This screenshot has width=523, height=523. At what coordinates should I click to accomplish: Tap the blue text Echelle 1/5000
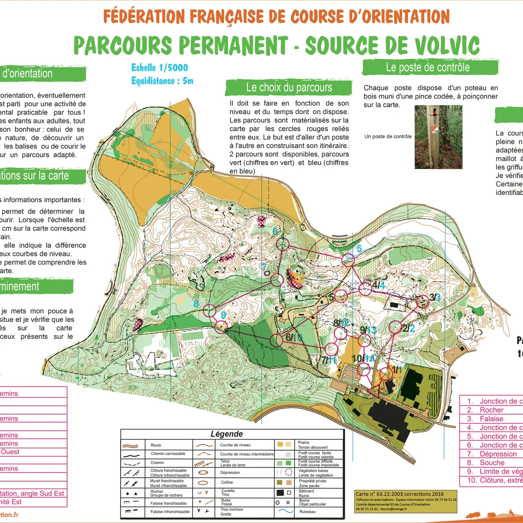tap(160, 68)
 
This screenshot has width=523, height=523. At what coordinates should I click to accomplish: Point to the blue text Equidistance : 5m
tap(162, 81)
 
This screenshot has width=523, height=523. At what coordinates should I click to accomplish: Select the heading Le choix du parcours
tap(289, 88)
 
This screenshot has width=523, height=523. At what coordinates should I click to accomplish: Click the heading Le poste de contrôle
tap(428, 68)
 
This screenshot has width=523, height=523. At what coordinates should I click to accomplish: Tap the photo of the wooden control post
tap(432, 137)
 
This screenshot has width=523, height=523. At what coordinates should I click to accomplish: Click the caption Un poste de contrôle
tap(388, 136)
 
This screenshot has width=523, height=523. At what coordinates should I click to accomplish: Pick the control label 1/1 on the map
tap(397, 370)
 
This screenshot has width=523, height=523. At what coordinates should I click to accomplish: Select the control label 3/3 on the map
tap(435, 297)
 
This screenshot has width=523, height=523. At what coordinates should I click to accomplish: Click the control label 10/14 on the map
tap(363, 358)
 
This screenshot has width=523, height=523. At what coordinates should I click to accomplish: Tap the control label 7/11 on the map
tap(328, 360)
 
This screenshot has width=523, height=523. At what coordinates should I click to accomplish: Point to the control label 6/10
tap(294, 337)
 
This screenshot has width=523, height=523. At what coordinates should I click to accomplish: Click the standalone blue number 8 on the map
tap(196, 304)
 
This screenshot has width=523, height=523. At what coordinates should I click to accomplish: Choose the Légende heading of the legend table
tap(227, 434)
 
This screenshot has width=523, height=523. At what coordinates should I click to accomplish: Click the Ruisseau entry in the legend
tap(307, 512)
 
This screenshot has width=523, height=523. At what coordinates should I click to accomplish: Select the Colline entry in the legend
tap(227, 482)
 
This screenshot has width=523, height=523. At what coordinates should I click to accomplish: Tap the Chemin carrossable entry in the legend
tap(168, 454)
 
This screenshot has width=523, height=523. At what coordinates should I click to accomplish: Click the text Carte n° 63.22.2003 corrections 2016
tap(400, 494)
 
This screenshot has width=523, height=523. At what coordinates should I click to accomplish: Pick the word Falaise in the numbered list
tap(491, 419)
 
